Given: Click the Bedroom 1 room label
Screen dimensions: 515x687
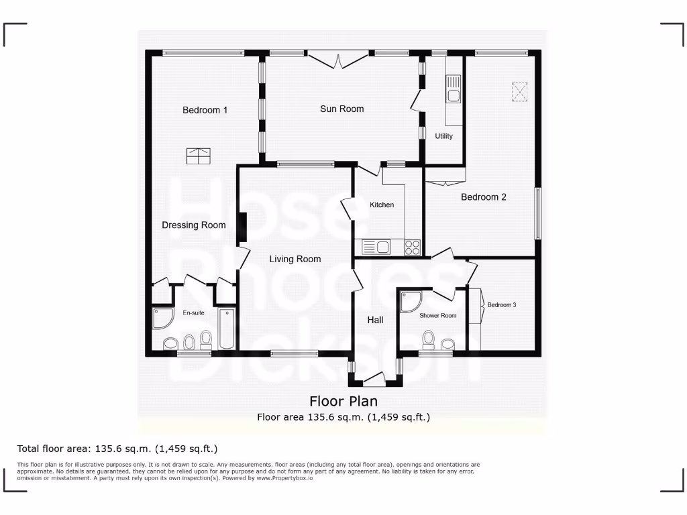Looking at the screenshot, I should coord(205,110).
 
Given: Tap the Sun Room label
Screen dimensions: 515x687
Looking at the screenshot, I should coord(341,109).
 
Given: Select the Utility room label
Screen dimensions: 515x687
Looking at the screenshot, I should coord(443,136).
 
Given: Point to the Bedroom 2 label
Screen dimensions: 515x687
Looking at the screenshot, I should coord(483,197).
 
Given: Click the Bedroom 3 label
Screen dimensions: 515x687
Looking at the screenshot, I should coord(502,305).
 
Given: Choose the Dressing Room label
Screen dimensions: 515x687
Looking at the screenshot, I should coord(193,225).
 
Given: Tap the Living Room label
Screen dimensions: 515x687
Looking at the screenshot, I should coord(295,259).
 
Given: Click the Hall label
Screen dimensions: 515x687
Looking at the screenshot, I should coord(375,321).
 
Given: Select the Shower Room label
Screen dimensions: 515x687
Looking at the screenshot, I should coord(437,316).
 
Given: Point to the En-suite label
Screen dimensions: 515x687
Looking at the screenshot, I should coord(193,313).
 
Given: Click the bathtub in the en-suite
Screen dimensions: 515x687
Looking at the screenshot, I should coord(227,329).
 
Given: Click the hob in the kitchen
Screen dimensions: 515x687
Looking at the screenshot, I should coord(412,247).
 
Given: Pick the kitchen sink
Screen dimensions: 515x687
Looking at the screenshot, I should coord(377,247).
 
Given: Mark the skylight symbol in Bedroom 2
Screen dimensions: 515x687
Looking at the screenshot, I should coord(520,91).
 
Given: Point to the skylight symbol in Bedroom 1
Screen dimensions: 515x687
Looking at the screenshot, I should coord(199,156).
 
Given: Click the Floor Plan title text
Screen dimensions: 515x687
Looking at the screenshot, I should coord(343,401).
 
